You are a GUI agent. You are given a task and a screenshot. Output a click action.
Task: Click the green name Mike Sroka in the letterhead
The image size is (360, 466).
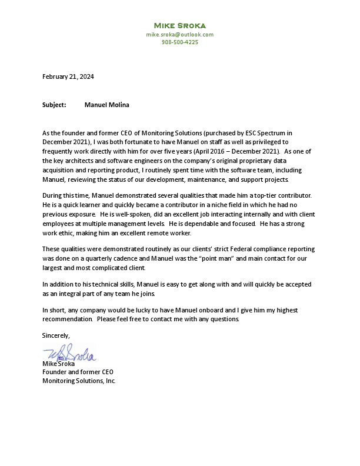point(179,25)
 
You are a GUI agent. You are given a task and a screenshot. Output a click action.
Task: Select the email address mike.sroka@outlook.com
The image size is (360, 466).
point(179,35)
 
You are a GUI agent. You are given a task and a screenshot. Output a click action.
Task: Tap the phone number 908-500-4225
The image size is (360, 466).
point(179,42)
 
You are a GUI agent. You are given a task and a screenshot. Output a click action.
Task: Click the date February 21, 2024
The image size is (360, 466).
point(68,76)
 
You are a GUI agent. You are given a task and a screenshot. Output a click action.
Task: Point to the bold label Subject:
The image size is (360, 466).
point(54,105)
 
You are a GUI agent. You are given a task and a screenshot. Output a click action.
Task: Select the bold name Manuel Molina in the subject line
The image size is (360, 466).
point(106,105)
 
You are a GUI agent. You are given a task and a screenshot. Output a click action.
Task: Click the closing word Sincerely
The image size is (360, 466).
point(56,335)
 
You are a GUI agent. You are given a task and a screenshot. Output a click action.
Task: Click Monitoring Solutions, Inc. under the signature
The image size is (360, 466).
point(79,381)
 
